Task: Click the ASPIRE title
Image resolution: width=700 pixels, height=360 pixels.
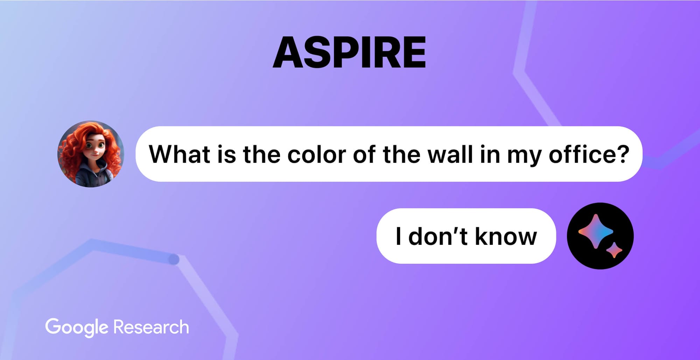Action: point(349,53)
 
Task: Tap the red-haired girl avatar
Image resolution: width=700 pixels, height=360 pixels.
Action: point(91,154)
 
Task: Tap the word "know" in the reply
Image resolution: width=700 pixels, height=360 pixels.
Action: point(506,236)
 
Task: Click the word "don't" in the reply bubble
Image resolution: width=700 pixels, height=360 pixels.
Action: point(437,236)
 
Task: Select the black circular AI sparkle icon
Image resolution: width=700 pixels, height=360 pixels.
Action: point(600,236)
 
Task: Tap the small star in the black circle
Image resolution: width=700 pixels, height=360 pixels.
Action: point(614,250)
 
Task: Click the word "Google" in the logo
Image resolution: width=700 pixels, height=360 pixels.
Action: point(77,327)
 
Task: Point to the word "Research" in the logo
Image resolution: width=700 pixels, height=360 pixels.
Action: point(151,327)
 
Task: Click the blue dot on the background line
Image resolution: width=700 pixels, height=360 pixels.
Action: point(174,259)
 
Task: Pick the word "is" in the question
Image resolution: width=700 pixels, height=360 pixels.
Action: point(226,154)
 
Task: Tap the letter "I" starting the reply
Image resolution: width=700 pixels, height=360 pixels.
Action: point(398,236)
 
